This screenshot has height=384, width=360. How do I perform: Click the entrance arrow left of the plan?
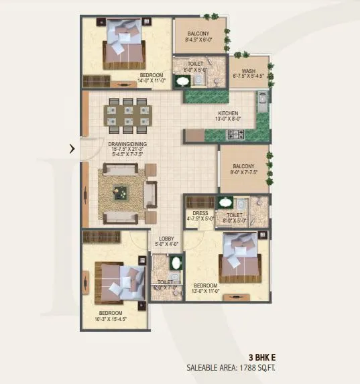(x=72, y=149)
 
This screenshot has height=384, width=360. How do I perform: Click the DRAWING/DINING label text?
(x=127, y=144)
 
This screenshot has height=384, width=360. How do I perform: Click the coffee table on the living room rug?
(x=121, y=190)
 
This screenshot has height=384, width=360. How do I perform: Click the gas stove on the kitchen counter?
(x=237, y=135)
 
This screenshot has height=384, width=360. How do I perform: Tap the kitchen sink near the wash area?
(x=262, y=101)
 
